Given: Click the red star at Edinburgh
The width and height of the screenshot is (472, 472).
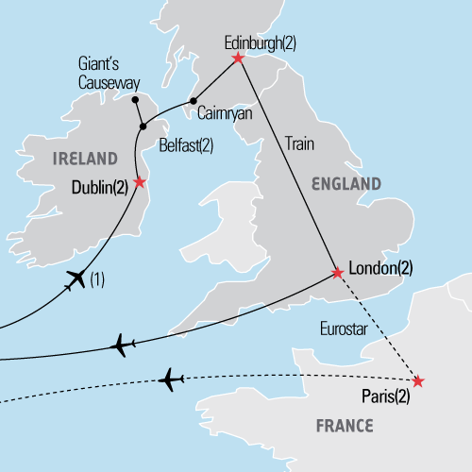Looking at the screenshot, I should (237, 59).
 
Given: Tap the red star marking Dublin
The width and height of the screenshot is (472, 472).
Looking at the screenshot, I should (140, 181).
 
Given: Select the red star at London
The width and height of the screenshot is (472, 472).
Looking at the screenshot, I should (338, 274).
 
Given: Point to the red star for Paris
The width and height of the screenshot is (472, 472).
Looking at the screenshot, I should (418, 381).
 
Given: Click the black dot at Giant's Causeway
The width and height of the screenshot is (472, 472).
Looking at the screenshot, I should (135, 99).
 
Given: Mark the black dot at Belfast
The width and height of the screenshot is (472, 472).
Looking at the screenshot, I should (143, 126).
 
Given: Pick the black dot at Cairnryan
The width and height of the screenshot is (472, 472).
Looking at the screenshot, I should (194, 101).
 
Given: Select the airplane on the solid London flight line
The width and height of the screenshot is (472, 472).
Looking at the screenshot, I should (121, 346).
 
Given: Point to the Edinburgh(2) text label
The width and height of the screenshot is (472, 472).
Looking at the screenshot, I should (259, 42).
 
